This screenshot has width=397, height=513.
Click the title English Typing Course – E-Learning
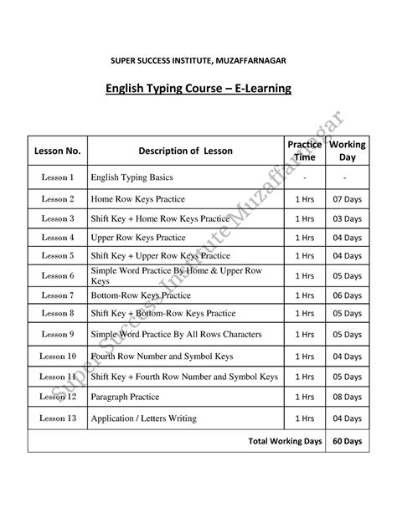click(x=198, y=89)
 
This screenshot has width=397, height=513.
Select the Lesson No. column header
click(x=57, y=151)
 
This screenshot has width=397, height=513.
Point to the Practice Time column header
click(x=305, y=151)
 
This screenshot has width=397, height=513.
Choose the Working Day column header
click(x=347, y=151)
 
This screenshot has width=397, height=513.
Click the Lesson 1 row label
click(x=58, y=178)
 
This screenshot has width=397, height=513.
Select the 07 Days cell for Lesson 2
click(x=347, y=199)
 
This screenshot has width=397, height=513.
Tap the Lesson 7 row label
click(x=58, y=295)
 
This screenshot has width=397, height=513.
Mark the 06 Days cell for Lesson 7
click(x=347, y=295)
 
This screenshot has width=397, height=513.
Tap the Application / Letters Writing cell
click(x=144, y=418)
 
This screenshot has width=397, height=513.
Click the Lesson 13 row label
click(x=58, y=418)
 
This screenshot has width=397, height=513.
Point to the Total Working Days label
click(x=282, y=440)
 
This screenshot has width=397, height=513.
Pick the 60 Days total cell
click(x=347, y=440)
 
